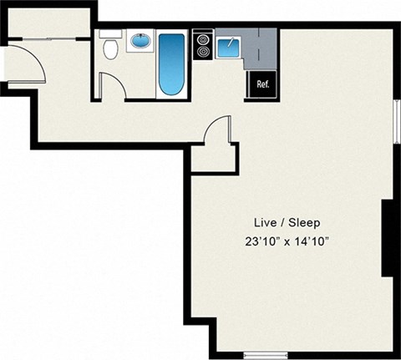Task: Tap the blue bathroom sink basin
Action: point(141,41)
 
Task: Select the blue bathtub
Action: point(171,64)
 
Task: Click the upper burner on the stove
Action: point(203,39)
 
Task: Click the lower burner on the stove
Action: point(203,52)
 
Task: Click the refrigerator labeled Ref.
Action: point(262,84)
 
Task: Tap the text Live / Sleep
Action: point(287,223)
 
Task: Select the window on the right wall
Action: point(397,121)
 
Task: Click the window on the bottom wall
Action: point(266,355)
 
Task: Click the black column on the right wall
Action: point(387,238)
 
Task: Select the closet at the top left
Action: point(49,23)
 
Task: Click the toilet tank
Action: point(110,33)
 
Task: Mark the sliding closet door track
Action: point(49,39)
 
